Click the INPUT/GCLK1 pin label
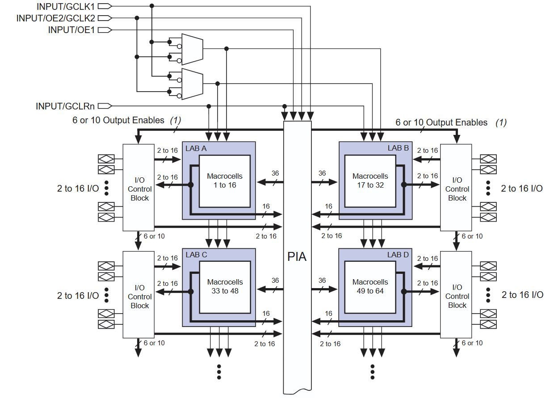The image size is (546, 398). pyautogui.click(x=66, y=6)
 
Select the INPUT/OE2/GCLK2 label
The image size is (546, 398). pyautogui.click(x=55, y=18)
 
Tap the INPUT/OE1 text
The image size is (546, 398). pyautogui.click(x=71, y=30)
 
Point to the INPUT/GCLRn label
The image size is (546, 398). pyautogui.click(x=65, y=106)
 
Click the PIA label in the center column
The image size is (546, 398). pyautogui.click(x=297, y=257)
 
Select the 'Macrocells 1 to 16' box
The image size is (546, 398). pyautogui.click(x=225, y=181)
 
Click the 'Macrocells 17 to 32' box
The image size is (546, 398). pyautogui.click(x=370, y=181)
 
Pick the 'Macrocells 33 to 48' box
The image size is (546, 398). pyautogui.click(x=225, y=287)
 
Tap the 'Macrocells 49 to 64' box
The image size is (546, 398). pyautogui.click(x=370, y=287)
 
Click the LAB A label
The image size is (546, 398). pyautogui.click(x=196, y=148)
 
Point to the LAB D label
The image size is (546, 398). pyautogui.click(x=398, y=255)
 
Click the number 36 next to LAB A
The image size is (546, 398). pyautogui.click(x=275, y=173)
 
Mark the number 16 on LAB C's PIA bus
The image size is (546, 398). pyautogui.click(x=266, y=314)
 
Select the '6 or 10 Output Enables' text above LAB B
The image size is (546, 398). pyautogui.click(x=441, y=122)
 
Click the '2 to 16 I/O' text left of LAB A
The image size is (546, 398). pyautogui.click(x=78, y=189)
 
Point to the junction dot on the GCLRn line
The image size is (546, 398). pyautogui.click(x=209, y=106)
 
